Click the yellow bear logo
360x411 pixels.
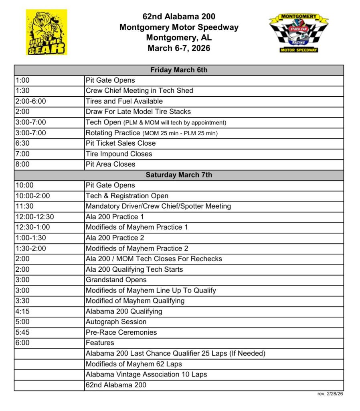tap(47, 33)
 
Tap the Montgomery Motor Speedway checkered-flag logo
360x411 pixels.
tap(299, 33)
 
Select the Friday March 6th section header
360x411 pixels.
tap(179, 70)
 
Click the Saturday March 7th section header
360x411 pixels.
tap(179, 175)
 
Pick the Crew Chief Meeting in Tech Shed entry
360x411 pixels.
tap(139, 91)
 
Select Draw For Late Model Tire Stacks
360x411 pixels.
tap(138, 112)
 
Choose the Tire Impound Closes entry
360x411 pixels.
tap(119, 154)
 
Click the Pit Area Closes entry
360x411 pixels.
tap(110, 164)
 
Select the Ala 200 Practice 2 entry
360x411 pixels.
tap(115, 238)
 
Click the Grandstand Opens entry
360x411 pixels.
tap(116, 280)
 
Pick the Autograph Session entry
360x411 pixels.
tap(116, 321)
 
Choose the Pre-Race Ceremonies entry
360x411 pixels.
tap(121, 332)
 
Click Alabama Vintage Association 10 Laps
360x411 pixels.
tap(146, 374)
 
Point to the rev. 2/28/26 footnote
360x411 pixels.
tap(330, 394)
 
